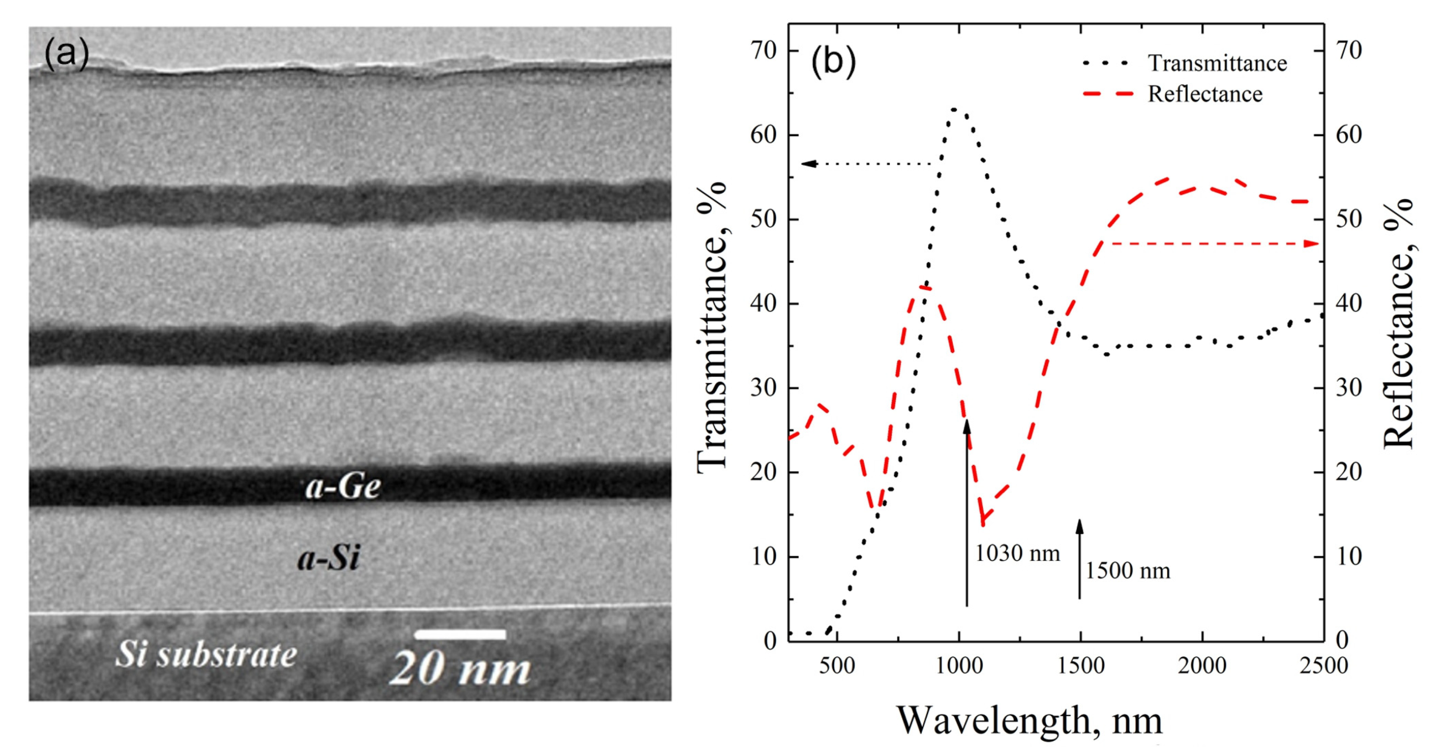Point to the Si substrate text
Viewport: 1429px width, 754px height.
point(205,654)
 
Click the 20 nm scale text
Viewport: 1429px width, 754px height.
point(460,668)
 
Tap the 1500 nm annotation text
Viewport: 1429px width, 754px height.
point(1127,571)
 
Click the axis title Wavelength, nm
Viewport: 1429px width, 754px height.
point(1029,721)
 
